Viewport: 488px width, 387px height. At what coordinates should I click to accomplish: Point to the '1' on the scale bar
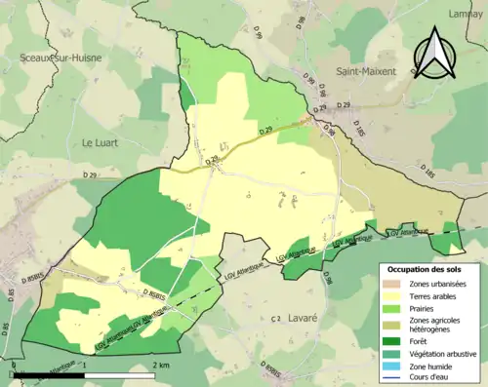(85, 364)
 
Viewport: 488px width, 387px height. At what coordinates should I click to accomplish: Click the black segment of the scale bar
(48, 373)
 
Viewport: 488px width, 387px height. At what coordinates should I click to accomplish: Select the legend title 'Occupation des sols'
(426, 268)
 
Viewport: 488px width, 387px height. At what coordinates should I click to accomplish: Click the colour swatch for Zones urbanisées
(394, 284)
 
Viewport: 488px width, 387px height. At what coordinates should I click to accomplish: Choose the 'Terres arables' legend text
(437, 296)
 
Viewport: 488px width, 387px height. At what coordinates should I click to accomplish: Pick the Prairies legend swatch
(394, 309)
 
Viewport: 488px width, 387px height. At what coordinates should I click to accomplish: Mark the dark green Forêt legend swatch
(394, 341)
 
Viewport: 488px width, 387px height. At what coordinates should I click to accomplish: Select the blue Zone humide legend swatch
(394, 366)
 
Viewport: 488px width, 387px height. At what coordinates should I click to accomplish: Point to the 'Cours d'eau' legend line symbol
(394, 377)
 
